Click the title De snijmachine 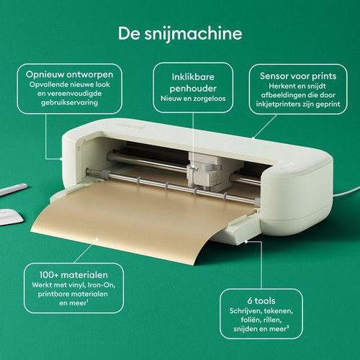pyautogui.click(x=180, y=34)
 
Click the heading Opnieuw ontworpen pyautogui.click(x=70, y=75)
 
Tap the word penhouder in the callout pyautogui.click(x=193, y=89)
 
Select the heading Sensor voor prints pyautogui.click(x=298, y=76)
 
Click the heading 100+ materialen pyautogui.click(x=73, y=275)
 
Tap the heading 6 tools pyautogui.click(x=261, y=301)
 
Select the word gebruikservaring pyautogui.click(x=69, y=103)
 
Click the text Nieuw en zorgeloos pyautogui.click(x=193, y=99)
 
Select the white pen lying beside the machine pyautogui.click(x=13, y=189)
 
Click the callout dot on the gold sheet pyautogui.click(x=96, y=239)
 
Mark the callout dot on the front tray pyautogui.click(x=246, y=242)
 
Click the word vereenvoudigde pyautogui.click(x=69, y=94)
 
